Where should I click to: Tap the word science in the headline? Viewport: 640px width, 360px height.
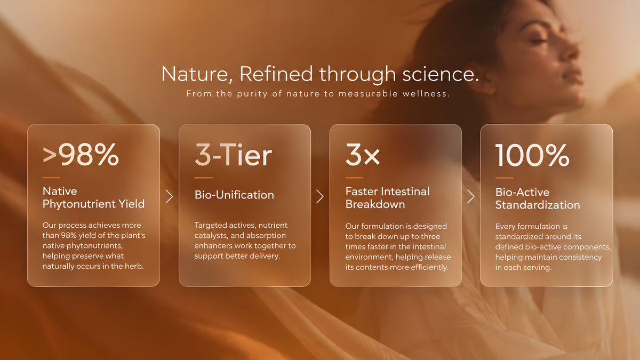pos(441,74)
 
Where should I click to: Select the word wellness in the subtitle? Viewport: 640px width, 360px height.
pos(426,94)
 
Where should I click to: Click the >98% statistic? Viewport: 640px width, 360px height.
pos(81,155)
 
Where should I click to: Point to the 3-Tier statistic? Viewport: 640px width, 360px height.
pos(233,155)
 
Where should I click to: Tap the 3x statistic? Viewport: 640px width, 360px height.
pos(363,155)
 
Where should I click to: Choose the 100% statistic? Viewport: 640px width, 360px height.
pos(532,155)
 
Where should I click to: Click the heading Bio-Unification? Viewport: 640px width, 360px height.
pos(234,195)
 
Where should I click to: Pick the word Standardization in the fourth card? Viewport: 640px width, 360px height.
pos(538,205)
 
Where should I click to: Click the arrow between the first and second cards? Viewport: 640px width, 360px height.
pos(170,197)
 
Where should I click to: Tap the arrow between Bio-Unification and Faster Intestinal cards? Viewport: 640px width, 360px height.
pos(320,197)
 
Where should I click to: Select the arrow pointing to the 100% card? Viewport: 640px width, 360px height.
pos(471,197)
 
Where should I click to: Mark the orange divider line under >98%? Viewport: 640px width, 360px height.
pos(51,178)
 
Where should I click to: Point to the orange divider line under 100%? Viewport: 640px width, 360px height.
pos(505,178)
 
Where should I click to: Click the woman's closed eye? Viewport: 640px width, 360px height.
pos(539,42)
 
